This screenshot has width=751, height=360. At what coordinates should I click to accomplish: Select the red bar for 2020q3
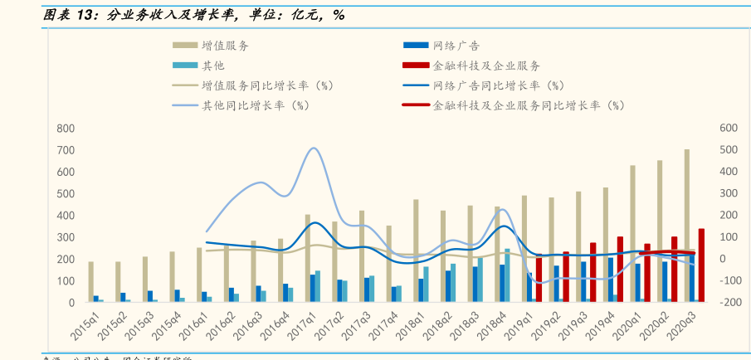701,265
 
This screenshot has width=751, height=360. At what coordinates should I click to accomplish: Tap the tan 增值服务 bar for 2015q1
91,282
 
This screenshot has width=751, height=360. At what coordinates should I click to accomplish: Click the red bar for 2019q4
620,269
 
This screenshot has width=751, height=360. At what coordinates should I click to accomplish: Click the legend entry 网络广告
456,46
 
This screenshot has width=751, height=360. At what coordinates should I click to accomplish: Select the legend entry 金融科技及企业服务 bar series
486,66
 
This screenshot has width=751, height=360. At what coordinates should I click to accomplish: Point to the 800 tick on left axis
66,129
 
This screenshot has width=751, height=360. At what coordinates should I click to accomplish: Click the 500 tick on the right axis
728,150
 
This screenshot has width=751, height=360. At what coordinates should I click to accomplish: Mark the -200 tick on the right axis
726,303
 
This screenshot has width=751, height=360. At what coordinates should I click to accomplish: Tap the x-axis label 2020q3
681,324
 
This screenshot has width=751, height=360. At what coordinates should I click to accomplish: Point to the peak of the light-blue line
313,148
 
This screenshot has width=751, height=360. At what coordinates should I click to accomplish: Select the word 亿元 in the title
296,15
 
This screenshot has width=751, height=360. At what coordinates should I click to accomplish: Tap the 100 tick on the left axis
66,281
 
